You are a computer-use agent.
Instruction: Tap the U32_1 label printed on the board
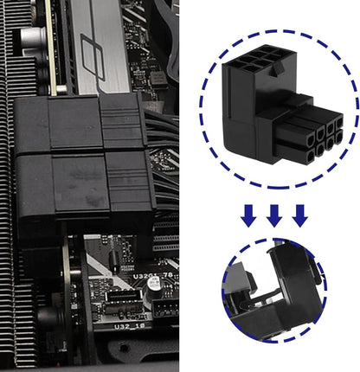point(130,327)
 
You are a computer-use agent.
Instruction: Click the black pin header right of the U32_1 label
point(165,321)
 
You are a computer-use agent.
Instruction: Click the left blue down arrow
point(248,216)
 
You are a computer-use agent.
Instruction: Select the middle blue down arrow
point(274,216)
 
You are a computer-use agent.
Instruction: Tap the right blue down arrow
point(299,216)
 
